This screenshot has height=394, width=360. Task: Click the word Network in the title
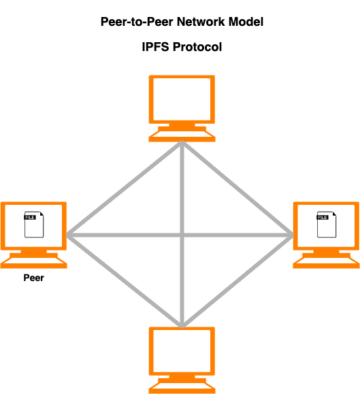(201, 22)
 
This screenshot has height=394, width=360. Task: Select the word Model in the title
(246, 22)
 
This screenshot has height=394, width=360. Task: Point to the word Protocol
(197, 47)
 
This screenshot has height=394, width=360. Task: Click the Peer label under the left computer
(33, 278)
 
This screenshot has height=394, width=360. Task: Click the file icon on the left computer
(34, 225)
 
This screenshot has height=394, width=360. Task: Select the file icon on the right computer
(327, 225)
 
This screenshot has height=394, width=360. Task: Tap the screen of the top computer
(182, 99)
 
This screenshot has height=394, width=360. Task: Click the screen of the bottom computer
(182, 351)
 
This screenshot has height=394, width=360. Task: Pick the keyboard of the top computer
(182, 137)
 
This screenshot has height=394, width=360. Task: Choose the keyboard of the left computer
(33, 263)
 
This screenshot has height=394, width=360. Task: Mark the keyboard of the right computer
(326, 263)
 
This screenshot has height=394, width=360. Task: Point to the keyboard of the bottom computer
(182, 389)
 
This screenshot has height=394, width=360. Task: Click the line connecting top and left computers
(124, 188)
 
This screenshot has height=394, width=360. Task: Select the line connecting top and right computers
(238, 188)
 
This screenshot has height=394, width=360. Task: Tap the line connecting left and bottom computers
(124, 282)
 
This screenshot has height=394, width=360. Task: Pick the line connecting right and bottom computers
(238, 282)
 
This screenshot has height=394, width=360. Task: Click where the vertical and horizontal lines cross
(182, 235)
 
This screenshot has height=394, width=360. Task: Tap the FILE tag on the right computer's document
(323, 217)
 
